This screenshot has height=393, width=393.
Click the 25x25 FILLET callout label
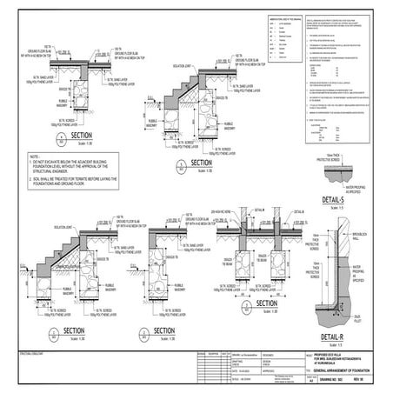365,318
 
